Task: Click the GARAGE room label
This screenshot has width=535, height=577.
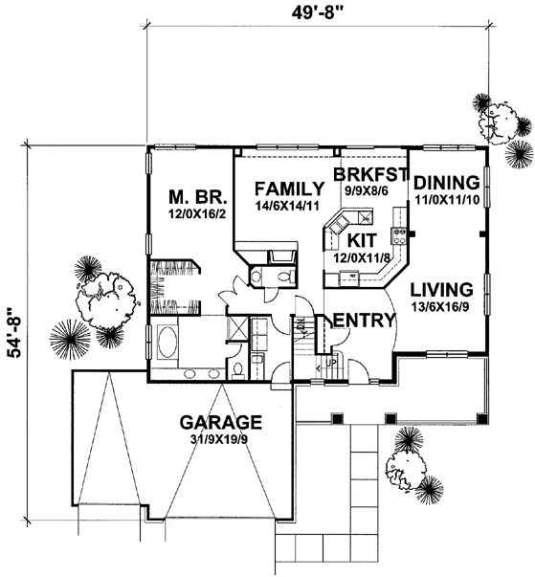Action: coord(221,422)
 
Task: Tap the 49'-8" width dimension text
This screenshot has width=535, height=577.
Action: coord(318,12)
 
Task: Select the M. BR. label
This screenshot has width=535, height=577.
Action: coord(198,197)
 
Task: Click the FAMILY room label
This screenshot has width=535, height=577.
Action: coord(290,189)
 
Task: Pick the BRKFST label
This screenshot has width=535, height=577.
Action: coord(371,174)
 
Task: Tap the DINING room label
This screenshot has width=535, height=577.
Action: coord(447,183)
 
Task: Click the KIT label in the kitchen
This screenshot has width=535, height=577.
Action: coord(362,240)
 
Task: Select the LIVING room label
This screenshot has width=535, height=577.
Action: coord(441,290)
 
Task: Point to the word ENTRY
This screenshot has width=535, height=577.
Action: coord(364,321)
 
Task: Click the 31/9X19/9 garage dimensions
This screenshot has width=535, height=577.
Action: coord(218,439)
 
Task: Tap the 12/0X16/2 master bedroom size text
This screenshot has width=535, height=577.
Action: coord(197,213)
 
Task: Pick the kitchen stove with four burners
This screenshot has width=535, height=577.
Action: coord(400,236)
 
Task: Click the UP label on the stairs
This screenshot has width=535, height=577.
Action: coord(331,363)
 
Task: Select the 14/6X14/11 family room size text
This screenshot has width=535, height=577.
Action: coord(287,206)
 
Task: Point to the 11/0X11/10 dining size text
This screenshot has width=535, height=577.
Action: coord(447,199)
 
